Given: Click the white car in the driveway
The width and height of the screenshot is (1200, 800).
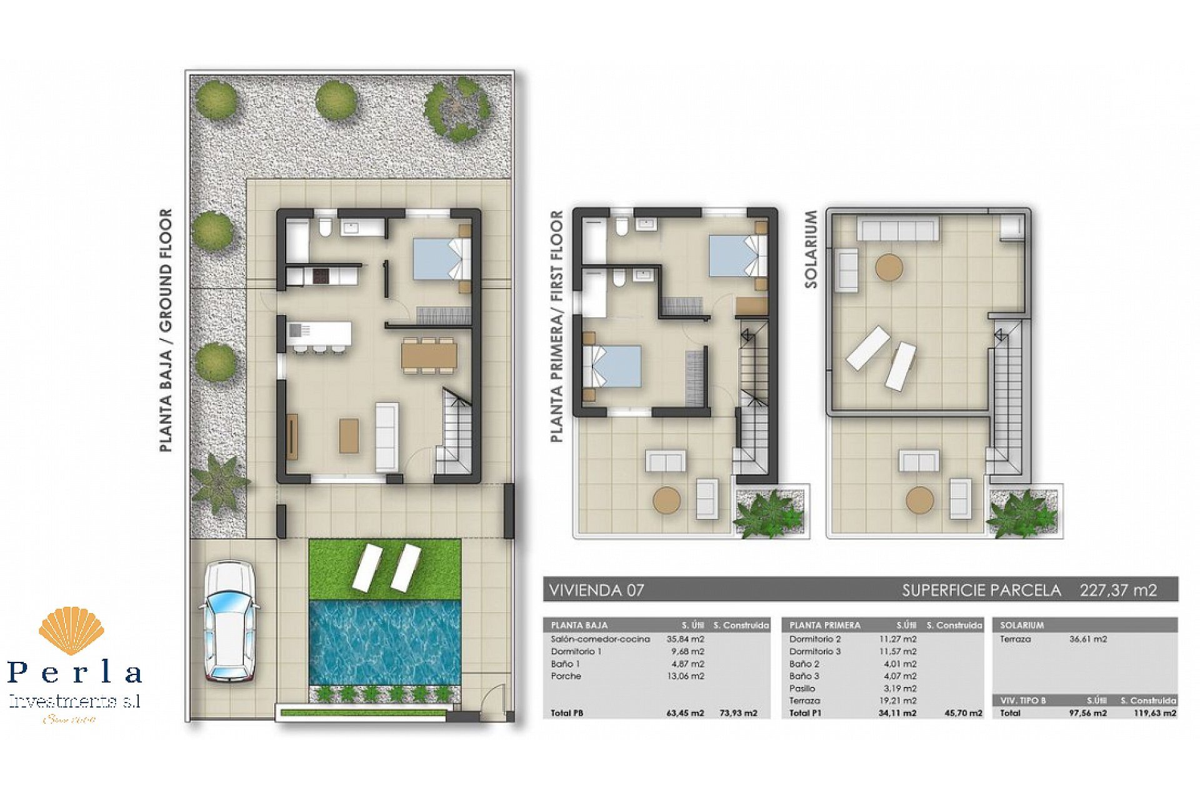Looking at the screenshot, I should point(229,621).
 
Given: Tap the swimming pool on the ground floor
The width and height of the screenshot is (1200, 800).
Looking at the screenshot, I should point(384,642).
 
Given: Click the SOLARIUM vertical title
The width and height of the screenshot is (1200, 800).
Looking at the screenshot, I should point(811,249).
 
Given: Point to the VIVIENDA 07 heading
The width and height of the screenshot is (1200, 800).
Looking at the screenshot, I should point(596,590).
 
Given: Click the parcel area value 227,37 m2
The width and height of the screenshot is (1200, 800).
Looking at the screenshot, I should point(1118,590).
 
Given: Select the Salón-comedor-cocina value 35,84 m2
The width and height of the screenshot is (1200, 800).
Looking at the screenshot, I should point(685,639).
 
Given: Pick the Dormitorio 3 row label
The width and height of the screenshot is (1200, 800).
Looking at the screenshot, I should point(815,651).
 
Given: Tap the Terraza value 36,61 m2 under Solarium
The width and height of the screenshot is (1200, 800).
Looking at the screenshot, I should point(1087,639).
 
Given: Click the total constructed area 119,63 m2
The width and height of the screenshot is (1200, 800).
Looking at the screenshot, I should point(1155,712).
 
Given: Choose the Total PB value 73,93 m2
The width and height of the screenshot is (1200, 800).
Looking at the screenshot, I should point(738,712).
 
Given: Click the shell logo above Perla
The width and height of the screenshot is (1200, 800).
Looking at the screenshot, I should point(71,631).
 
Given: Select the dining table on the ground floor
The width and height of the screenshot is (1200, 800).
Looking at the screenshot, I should point(429,356).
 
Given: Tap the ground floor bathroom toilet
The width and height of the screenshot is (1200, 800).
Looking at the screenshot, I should point(325,227).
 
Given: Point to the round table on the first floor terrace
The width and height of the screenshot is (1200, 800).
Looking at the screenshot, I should point(666,500).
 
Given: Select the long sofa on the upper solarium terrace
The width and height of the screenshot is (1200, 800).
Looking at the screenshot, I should point(897,229).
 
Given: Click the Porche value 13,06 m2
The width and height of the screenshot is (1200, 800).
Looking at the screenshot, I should point(685,676).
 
